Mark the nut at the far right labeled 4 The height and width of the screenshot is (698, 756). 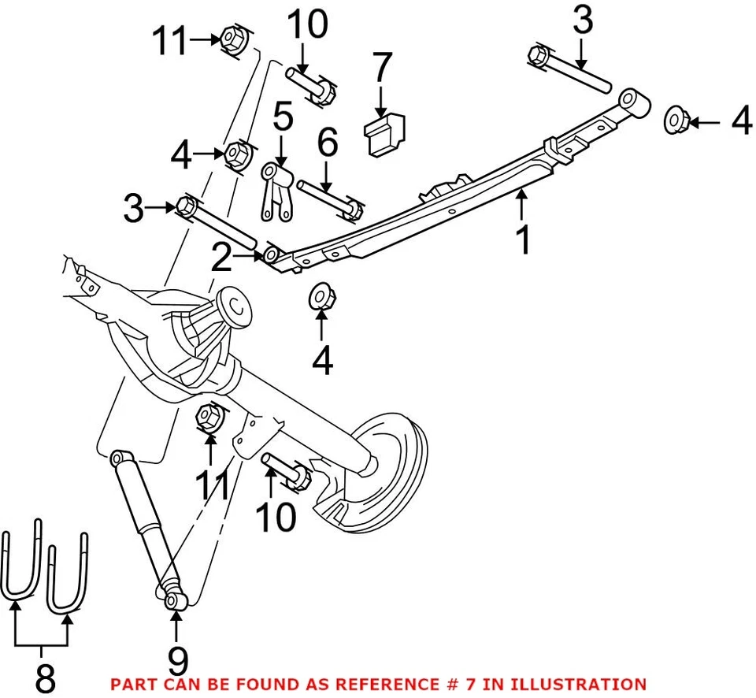tap(676, 119)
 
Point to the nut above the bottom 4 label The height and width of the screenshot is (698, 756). tap(320, 297)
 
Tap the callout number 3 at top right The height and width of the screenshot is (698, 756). tap(583, 21)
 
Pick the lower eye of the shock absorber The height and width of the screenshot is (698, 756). tap(174, 600)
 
